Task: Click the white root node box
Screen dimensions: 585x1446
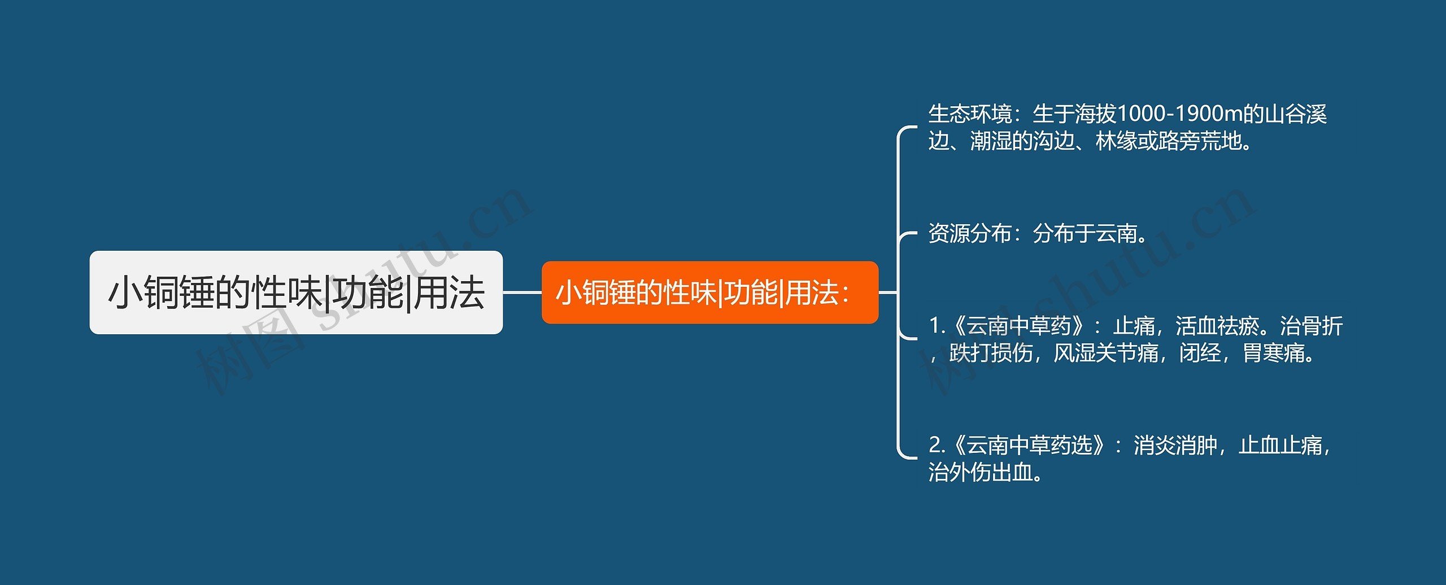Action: (295, 292)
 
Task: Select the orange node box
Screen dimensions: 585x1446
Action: (709, 292)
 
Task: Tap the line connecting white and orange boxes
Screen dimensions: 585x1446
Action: (522, 292)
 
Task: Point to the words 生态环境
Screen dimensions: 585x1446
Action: (970, 114)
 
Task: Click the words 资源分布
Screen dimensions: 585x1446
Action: (970, 233)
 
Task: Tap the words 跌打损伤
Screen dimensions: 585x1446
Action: (991, 353)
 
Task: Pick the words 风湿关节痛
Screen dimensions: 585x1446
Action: (1106, 353)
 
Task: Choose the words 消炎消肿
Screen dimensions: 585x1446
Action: (1175, 446)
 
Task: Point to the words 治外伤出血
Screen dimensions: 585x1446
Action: (980, 473)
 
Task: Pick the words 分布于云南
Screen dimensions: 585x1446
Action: (1084, 233)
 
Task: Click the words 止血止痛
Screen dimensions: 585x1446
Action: (1280, 446)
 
